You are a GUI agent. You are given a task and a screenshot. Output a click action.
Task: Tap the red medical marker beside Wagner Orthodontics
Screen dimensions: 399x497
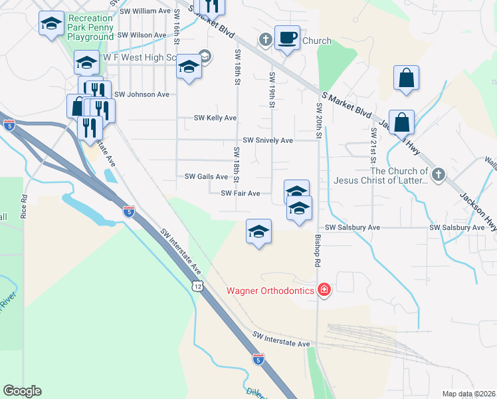click(x=324, y=290)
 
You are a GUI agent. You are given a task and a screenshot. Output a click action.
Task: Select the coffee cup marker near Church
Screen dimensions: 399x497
click(x=287, y=38)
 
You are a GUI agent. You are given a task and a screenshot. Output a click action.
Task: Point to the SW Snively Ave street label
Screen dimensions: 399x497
click(x=268, y=140)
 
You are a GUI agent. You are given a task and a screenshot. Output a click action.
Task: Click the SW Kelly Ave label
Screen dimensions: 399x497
click(x=215, y=118)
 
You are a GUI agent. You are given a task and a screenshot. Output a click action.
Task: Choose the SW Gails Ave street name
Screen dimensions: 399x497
click(x=206, y=176)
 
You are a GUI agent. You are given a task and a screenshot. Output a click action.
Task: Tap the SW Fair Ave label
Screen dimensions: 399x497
click(x=241, y=194)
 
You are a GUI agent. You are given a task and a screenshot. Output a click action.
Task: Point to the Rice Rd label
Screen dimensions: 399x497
click(x=24, y=207)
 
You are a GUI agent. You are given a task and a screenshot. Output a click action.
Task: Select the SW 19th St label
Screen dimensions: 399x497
click(x=272, y=92)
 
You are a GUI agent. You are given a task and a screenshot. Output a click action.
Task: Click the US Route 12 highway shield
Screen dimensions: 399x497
click(x=197, y=285)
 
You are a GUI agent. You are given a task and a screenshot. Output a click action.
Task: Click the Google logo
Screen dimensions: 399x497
click(x=22, y=391)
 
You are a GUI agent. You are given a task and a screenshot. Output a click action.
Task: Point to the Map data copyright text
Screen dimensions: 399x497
click(x=468, y=394)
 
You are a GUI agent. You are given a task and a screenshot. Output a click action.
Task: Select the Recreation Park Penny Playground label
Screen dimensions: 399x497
click(x=90, y=28)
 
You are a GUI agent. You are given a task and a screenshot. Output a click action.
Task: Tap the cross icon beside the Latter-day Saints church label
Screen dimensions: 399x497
click(x=437, y=175)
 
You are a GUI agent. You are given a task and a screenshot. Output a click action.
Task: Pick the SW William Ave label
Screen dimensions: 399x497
click(x=146, y=11)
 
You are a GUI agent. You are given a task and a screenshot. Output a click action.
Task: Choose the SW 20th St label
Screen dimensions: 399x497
click(x=319, y=120)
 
